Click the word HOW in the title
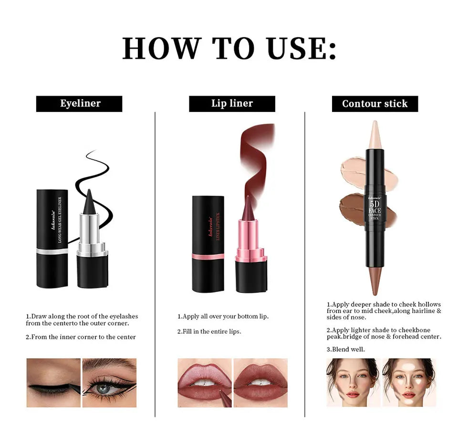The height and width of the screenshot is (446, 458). point(161,48)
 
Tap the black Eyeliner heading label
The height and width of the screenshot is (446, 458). point(79,104)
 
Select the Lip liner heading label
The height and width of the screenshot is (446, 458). point(232,104)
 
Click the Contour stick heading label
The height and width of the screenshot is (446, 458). point(375,104)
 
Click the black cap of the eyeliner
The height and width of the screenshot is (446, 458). point(52,239)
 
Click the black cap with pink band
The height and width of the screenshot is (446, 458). point(208,244)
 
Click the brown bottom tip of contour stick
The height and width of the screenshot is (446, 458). point(375,282)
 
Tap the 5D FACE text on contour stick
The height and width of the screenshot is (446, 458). point(375,207)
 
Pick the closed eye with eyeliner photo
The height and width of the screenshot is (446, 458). point(53,382)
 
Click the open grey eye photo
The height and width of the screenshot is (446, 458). point(109,382)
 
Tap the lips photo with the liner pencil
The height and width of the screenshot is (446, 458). point(204,382)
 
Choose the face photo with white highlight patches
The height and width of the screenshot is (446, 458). point(409,382)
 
